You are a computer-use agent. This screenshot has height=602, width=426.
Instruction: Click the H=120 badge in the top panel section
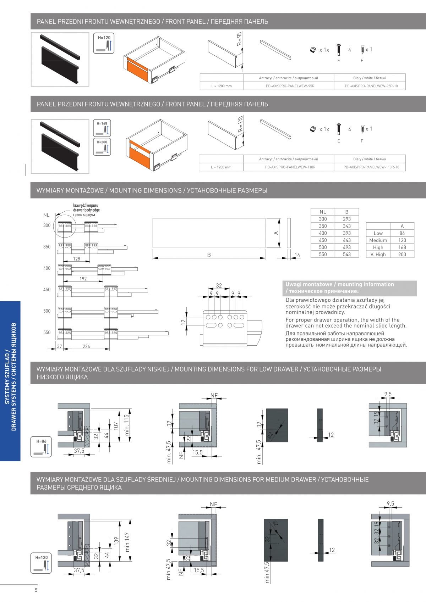tap(104, 43)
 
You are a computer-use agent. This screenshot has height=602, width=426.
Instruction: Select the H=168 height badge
tap(102, 128)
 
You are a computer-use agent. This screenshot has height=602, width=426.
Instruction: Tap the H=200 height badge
tap(102, 147)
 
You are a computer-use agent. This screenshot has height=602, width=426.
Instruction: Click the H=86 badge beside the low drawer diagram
tap(41, 447)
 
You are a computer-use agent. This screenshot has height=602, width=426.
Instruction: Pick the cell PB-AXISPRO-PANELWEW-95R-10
tap(371, 86)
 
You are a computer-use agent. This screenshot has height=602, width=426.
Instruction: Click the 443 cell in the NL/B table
tap(346, 240)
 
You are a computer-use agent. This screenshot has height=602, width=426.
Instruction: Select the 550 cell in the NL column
tap(323, 254)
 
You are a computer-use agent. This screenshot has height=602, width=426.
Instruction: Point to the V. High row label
tap(378, 255)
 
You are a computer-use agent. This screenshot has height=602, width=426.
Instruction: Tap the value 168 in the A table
tap(402, 247)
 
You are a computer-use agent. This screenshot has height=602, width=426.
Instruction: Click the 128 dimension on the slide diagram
tap(77, 259)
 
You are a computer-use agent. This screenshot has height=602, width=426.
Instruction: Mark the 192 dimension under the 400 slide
tap(83, 279)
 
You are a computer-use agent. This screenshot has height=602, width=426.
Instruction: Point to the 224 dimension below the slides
tap(86, 346)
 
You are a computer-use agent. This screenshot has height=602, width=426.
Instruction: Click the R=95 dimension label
tap(240, 39)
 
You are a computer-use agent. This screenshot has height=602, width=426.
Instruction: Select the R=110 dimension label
tap(240, 124)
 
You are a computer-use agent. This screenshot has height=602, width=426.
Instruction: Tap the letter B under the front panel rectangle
tap(209, 255)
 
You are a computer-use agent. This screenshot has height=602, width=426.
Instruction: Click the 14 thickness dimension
tap(297, 255)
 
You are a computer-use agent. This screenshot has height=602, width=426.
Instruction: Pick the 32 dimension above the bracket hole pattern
tap(219, 285)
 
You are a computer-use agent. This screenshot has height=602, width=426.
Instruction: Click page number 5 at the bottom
tap(36, 590)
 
